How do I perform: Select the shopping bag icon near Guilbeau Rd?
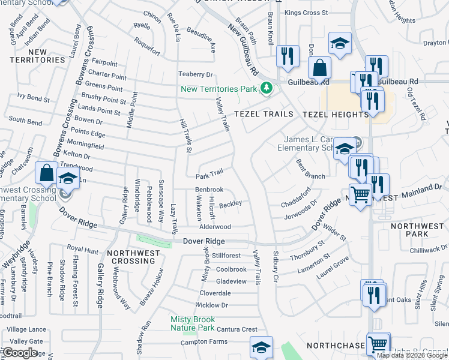click(x=319, y=68)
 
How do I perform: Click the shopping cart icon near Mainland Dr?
click(x=360, y=194)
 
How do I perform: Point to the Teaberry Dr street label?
click(x=196, y=74)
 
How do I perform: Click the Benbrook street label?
click(x=209, y=190)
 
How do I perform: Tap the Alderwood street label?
click(x=215, y=227)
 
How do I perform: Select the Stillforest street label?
click(x=226, y=255)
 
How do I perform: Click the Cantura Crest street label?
click(x=237, y=329)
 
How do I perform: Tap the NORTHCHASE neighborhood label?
click(x=334, y=346)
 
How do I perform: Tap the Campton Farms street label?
click(x=204, y=342)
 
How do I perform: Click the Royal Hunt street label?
click(x=82, y=248)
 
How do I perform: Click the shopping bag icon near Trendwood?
click(x=46, y=173)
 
